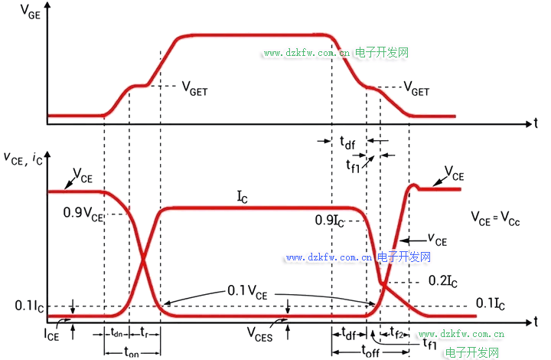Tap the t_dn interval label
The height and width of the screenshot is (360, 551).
pos(116,333)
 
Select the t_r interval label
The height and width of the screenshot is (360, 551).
pos(144,333)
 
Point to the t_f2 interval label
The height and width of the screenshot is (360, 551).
pos(398,332)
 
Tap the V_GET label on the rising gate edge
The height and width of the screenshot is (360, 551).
pos(194,89)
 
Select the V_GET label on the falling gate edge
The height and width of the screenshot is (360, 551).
pos(416,89)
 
